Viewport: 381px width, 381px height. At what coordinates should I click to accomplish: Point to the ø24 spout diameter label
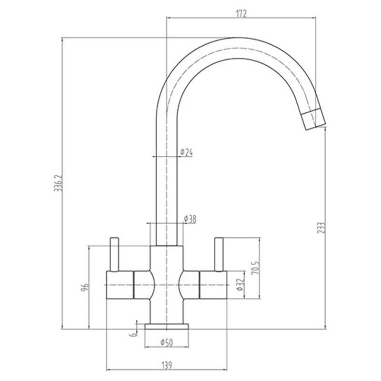click(x=187, y=152)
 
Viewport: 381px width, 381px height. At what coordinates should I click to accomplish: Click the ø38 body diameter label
click(x=190, y=219)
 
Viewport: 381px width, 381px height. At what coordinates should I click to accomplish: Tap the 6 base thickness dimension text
click(x=135, y=335)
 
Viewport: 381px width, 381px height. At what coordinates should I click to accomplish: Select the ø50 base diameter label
click(x=166, y=342)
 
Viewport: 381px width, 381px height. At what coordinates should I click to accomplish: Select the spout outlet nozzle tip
click(x=313, y=119)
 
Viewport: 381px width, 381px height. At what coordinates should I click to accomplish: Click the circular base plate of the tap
click(x=167, y=326)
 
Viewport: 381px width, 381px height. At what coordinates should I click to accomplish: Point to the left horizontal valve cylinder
click(x=119, y=285)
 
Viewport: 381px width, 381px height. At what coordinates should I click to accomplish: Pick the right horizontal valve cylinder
click(x=214, y=285)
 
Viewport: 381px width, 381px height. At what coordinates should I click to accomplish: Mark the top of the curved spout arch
click(x=236, y=48)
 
